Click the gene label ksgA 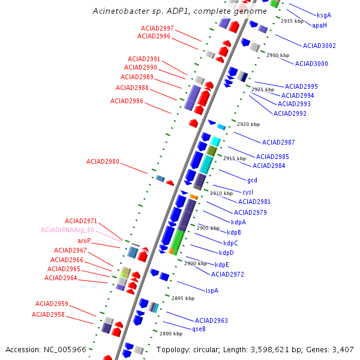(x=323, y=15)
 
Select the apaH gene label (x=319, y=25)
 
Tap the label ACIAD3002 (x=319, y=46)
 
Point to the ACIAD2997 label (x=157, y=28)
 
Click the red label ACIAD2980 (x=103, y=161)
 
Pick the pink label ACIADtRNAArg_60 (x=67, y=230)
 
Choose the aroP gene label (x=84, y=241)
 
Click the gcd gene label (x=252, y=179)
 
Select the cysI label (x=248, y=192)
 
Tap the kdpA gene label (x=238, y=222)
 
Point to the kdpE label (x=222, y=265)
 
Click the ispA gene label (x=212, y=290)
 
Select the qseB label (x=199, y=329)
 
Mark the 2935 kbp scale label (x=293, y=21)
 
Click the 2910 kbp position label (x=221, y=193)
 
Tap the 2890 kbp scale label (x=171, y=334)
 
